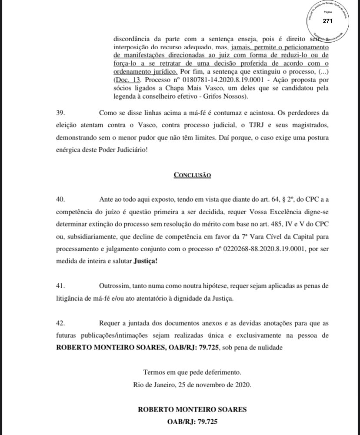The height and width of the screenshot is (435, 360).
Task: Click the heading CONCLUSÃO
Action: point(192,175)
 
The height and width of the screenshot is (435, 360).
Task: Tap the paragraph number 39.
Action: point(61,113)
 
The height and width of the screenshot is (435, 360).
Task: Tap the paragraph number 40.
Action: point(61,199)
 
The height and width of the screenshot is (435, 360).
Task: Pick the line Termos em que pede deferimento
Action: point(192,372)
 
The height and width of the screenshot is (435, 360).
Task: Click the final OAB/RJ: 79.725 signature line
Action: point(192,422)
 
